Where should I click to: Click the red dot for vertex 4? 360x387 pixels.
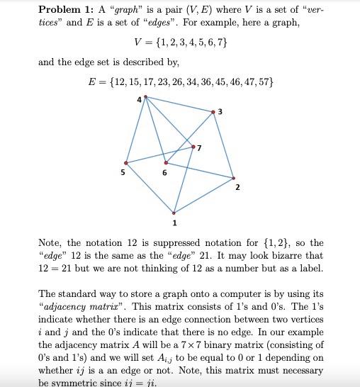pos(146,96)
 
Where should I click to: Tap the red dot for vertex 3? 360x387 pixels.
pos(213,111)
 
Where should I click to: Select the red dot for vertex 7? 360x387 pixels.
pos(194,147)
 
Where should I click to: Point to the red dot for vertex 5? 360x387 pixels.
pos(126,163)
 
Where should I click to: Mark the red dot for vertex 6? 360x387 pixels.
pos(166,162)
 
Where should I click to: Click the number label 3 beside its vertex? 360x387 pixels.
pos(220,111)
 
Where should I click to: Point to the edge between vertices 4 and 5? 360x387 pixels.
pos(136,130)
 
